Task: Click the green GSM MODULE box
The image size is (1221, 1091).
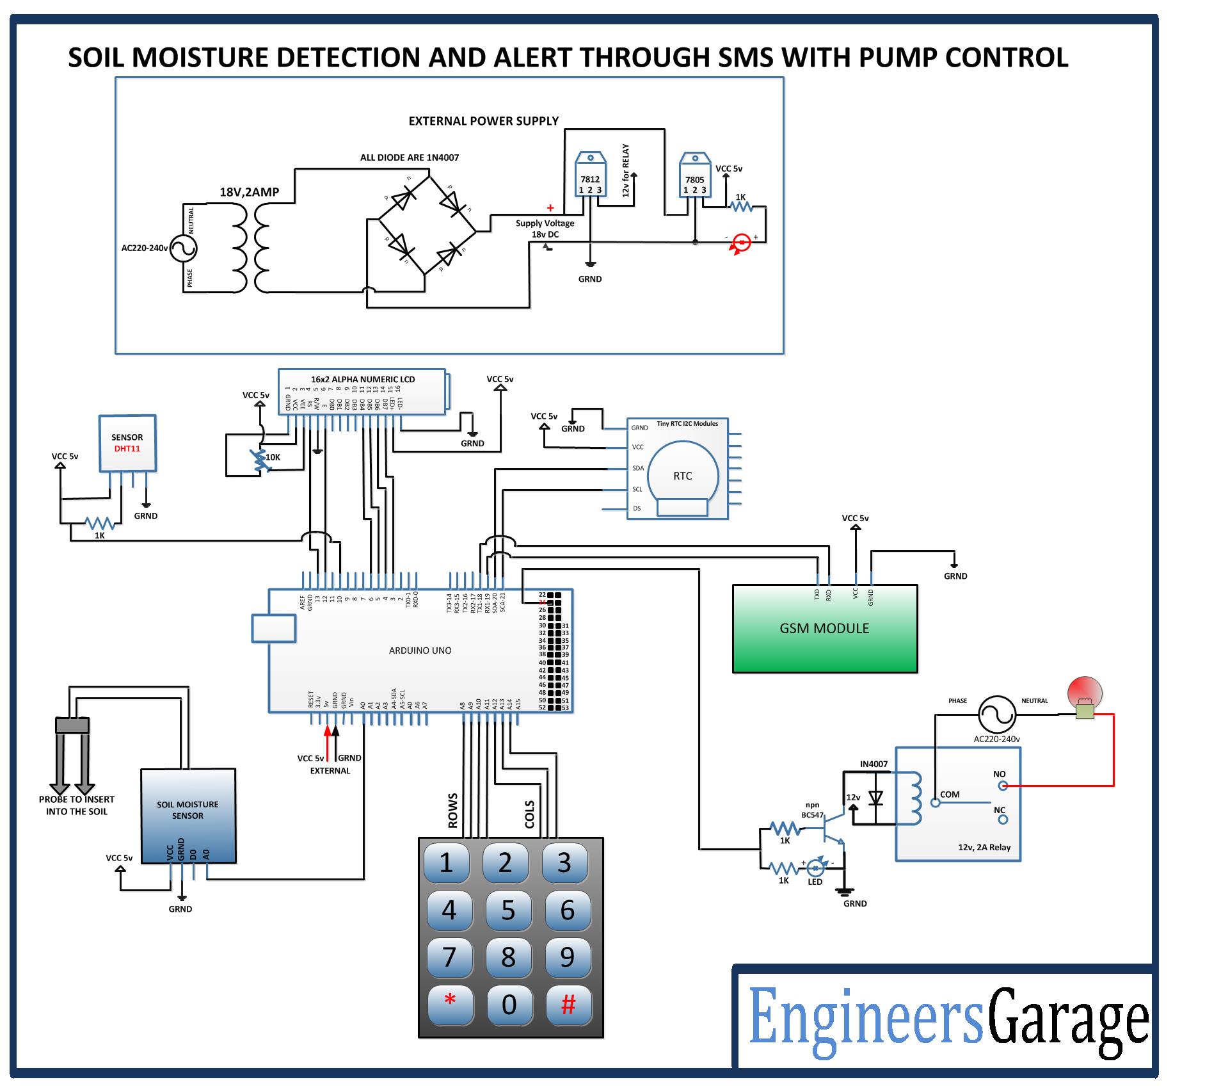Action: pos(824,628)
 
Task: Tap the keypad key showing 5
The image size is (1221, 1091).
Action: pos(508,910)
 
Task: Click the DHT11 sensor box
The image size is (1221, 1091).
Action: pos(127,443)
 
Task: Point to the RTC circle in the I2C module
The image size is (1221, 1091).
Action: pos(683,476)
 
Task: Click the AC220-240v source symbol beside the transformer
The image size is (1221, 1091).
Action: pos(182,248)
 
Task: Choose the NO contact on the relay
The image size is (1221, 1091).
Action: pos(1003,786)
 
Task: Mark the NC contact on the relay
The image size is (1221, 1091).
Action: pos(1002,819)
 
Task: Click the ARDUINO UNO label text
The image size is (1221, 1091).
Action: pos(420,650)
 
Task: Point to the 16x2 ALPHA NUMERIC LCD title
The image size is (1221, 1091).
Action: pos(363,379)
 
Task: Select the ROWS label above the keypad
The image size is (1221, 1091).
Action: pos(453,811)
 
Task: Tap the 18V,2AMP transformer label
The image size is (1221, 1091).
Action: pos(250,192)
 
